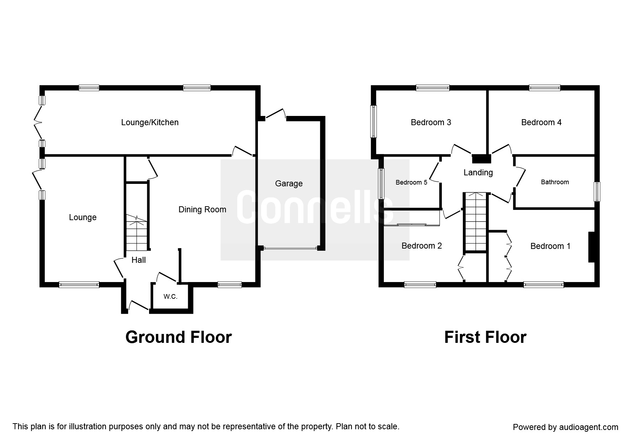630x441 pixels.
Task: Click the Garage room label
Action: (289, 184)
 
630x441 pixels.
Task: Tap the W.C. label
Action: (170, 297)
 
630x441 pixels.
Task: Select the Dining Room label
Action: (202, 209)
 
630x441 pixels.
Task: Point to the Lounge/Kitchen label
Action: (150, 122)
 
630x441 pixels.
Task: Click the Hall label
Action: (139, 260)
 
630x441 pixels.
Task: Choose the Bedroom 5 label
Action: (412, 182)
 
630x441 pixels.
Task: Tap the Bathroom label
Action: (555, 182)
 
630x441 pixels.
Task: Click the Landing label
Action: (478, 173)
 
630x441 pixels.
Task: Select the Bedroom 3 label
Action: (431, 122)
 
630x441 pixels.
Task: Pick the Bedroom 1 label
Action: (550, 246)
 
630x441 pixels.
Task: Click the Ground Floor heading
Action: (179, 337)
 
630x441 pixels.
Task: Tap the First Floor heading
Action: (485, 337)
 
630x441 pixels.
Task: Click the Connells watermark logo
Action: (315, 210)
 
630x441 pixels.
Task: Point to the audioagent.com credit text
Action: (566, 427)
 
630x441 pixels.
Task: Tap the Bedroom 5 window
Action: (381, 184)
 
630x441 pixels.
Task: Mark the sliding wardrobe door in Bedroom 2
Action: (412, 224)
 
